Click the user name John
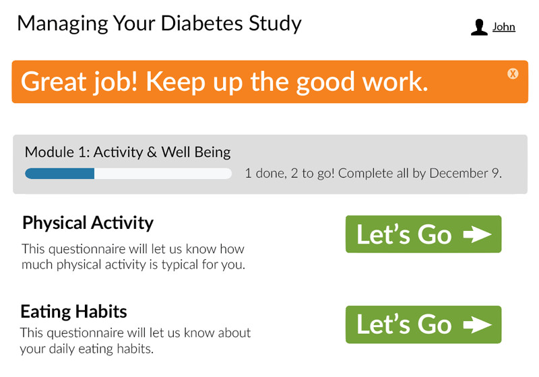503,27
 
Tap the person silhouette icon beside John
479,27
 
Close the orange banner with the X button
513,73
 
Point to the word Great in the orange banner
54,81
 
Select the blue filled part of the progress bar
60,174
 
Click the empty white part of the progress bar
163,174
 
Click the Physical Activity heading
88,224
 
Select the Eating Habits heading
73,312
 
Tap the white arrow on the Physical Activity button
478,234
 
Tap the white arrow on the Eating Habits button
478,324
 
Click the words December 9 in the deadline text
466,174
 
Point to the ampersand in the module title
152,152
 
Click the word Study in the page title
275,24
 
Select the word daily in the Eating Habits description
62,349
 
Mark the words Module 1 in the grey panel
57,152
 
